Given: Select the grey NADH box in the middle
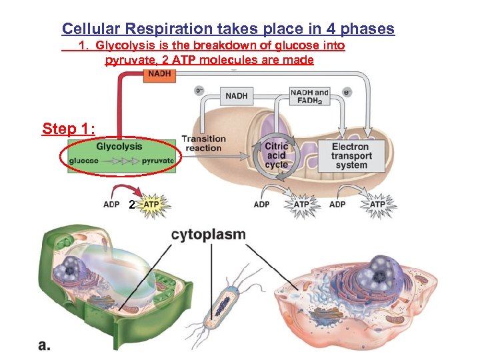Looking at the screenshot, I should pyautogui.click(x=236, y=96).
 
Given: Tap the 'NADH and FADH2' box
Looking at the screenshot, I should pyautogui.click(x=309, y=97).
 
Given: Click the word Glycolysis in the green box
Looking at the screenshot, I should pyautogui.click(x=119, y=147).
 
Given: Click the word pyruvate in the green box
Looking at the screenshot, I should pyautogui.click(x=158, y=161).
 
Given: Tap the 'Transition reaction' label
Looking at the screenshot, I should pyautogui.click(x=203, y=143).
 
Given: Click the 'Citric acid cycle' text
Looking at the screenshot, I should pyautogui.click(x=276, y=155).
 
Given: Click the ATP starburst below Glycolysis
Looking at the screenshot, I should pyautogui.click(x=152, y=203).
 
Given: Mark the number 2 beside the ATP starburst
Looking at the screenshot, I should pyautogui.click(x=132, y=205).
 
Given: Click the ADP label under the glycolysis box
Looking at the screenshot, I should pyautogui.click(x=111, y=204).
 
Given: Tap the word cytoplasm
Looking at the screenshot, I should pyautogui.click(x=208, y=235).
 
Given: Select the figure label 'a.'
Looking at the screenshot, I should pyautogui.click(x=45, y=345).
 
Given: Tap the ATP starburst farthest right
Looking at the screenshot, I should pyautogui.click(x=377, y=203).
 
